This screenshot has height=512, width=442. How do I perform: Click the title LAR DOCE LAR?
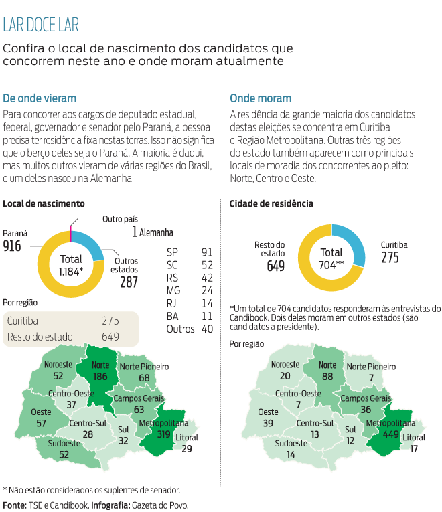(41, 25)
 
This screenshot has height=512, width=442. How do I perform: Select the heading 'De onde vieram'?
(40, 98)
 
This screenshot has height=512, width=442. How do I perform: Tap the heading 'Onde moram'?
(260, 98)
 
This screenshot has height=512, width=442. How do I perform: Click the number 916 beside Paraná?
(12, 246)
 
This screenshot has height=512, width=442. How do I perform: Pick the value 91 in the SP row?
(206, 252)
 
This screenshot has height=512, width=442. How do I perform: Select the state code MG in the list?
(173, 290)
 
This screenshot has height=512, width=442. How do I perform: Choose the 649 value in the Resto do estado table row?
(110, 337)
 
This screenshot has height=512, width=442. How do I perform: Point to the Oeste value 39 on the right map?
(269, 423)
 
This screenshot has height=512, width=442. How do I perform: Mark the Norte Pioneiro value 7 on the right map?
(370, 378)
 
